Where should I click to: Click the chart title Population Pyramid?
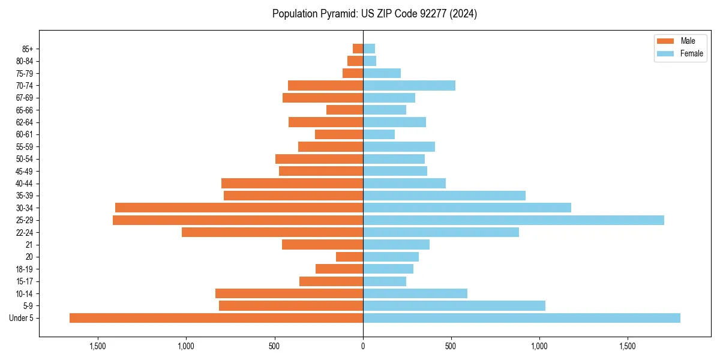(x=374, y=14)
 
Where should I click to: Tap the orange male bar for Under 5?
(x=216, y=318)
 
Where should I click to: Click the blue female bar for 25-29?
(x=513, y=220)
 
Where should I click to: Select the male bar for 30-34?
(x=239, y=208)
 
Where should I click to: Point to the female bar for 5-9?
(x=454, y=306)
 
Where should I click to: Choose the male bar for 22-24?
(x=272, y=232)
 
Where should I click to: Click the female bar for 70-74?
(x=409, y=85)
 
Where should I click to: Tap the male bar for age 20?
(x=349, y=257)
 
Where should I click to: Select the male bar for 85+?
(x=358, y=49)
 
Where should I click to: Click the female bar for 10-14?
(x=415, y=293)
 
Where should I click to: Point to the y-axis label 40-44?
(x=25, y=184)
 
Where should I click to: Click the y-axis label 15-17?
(x=25, y=281)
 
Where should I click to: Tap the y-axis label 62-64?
(x=25, y=122)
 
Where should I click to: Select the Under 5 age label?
(x=21, y=318)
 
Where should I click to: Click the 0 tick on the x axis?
(x=363, y=346)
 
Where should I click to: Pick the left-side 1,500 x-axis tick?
(x=98, y=346)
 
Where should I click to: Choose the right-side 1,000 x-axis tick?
(x=539, y=346)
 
